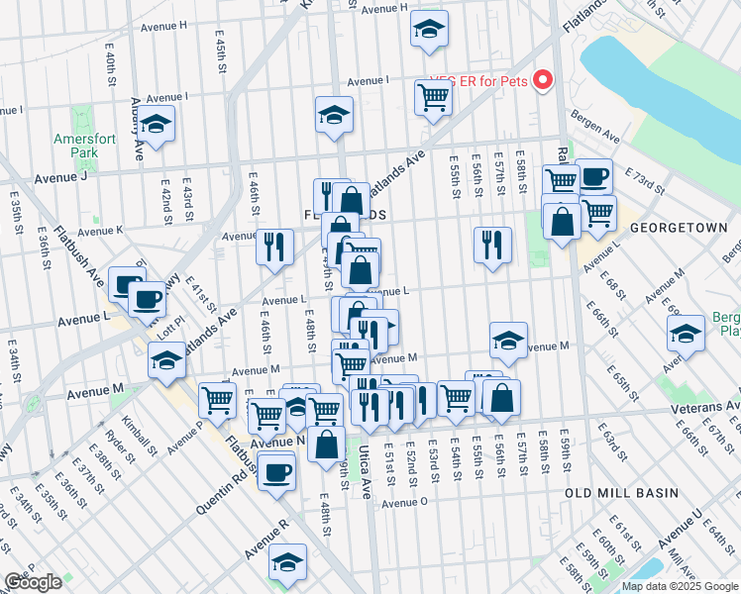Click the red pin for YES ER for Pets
point(543,80)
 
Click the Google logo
point(33,582)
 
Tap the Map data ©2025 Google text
point(680,586)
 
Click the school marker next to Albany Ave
point(156,125)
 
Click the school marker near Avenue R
point(287,561)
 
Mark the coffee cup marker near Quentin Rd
point(277,471)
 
